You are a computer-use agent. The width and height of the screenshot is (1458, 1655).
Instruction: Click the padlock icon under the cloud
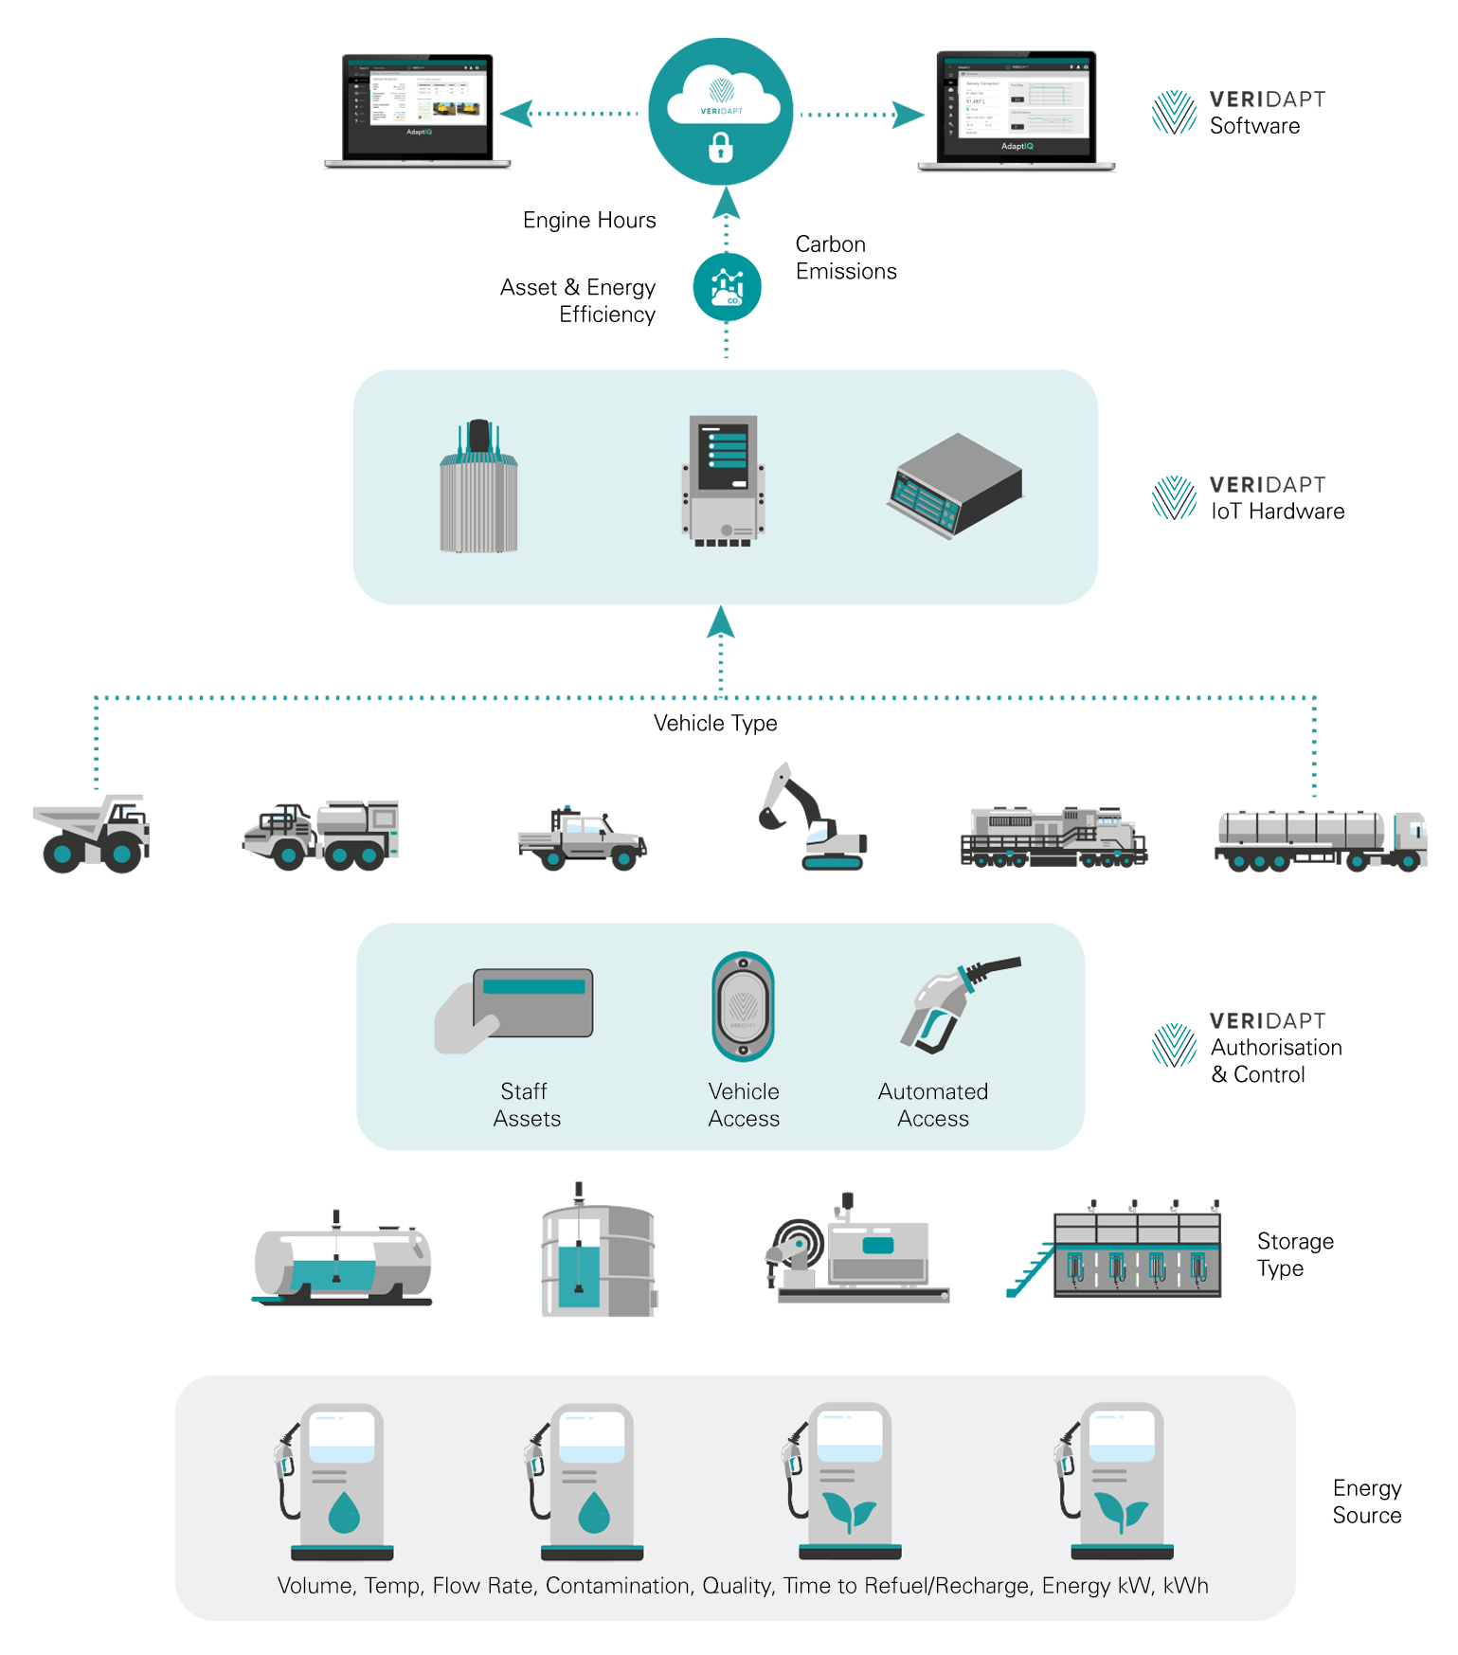click(x=721, y=148)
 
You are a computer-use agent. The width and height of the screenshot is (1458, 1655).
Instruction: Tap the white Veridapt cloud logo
click(x=723, y=96)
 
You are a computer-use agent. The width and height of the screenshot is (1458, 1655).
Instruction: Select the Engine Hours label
click(x=589, y=221)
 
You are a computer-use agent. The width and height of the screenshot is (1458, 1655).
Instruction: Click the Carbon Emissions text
click(x=845, y=258)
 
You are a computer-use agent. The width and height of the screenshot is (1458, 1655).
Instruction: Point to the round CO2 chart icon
click(x=727, y=286)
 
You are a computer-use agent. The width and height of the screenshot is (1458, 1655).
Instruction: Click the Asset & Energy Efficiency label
click(x=580, y=300)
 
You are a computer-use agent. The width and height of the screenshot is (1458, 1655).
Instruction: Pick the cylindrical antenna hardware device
click(x=478, y=487)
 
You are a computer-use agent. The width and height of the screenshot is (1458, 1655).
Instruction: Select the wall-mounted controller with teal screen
click(x=723, y=479)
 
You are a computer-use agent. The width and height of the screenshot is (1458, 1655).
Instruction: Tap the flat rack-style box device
click(x=955, y=486)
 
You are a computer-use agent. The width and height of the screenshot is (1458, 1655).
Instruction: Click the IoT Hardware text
click(x=1276, y=512)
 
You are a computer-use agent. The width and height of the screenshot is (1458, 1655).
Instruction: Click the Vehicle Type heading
click(x=715, y=724)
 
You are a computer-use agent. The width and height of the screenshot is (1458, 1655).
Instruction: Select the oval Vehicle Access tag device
click(x=743, y=1007)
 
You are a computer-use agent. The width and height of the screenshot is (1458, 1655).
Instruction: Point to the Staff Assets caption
click(x=527, y=1105)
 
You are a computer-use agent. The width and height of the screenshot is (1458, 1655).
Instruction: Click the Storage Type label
click(x=1294, y=1254)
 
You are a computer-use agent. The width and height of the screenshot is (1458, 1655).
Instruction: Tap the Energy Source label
click(x=1366, y=1502)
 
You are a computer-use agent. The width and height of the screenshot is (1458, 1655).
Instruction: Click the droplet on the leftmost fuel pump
click(x=343, y=1512)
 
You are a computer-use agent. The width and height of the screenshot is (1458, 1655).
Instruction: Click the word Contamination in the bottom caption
click(x=618, y=1586)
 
